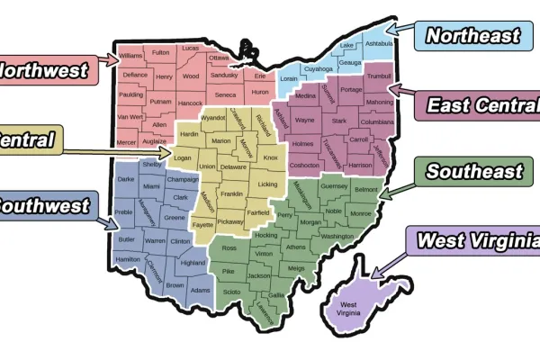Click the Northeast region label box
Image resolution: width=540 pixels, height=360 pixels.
click(x=472, y=36)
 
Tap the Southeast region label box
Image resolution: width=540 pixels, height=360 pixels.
click(x=473, y=171)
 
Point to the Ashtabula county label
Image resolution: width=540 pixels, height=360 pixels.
click(x=380, y=43)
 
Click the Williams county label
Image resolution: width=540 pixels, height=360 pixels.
click(x=130, y=56)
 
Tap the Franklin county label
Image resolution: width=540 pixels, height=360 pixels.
click(x=231, y=193)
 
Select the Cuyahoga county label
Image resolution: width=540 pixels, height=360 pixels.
click(x=318, y=68)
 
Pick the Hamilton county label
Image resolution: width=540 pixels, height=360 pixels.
click(x=128, y=258)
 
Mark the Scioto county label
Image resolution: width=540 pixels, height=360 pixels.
click(x=231, y=292)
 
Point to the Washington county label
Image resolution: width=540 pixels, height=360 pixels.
click(x=337, y=236)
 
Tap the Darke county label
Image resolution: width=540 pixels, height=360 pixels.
click(x=126, y=179)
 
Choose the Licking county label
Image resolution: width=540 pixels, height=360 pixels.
click(x=267, y=184)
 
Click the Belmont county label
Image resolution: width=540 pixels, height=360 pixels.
click(x=365, y=190)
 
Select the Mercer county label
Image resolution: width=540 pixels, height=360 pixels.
click(x=127, y=142)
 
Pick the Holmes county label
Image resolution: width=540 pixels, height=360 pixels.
click(x=303, y=144)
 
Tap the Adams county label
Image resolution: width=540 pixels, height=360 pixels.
click(x=201, y=290)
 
